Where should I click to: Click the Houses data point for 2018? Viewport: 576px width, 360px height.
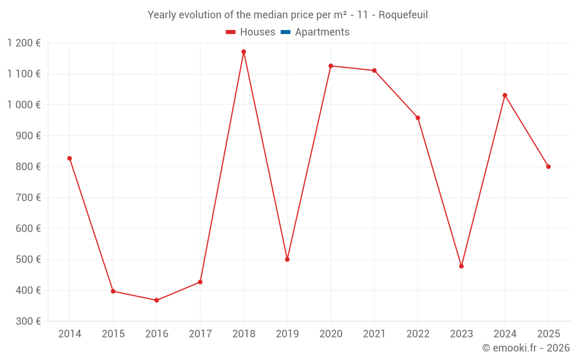pos(244,52)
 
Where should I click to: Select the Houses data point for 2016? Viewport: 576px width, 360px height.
pos(157,300)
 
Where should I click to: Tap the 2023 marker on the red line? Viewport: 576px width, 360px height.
pos(461,266)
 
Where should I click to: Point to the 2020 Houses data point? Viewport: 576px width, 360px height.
pos(331,66)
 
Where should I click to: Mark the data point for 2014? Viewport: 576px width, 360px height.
pos(70,158)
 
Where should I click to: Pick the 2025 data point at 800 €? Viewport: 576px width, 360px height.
pos(548,166)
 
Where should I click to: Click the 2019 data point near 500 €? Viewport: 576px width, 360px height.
pos(287,259)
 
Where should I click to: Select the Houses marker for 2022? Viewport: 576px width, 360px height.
pos(418,118)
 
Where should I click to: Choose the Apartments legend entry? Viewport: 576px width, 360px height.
pos(322,32)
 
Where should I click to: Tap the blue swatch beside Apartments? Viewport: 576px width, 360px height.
pos(286,32)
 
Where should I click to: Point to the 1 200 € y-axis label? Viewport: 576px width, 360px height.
pos(24,43)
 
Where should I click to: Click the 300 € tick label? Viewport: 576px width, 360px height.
pos(29,321)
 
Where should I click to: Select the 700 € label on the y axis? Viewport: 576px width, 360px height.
pos(29,198)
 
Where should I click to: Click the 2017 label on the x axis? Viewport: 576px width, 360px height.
pos(200,334)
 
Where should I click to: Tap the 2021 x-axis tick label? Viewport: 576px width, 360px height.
pos(374,334)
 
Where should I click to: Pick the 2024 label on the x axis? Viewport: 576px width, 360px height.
pos(505,334)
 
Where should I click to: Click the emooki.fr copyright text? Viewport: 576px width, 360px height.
pos(525,348)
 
